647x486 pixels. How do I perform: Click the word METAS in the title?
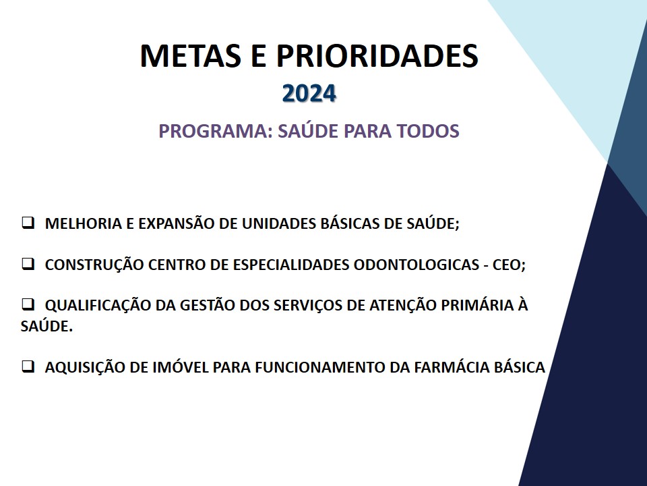coord(191,55)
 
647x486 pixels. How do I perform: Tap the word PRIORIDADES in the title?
coord(377,55)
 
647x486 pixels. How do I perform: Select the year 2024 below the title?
coord(309,93)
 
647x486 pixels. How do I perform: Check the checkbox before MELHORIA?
coord(28,223)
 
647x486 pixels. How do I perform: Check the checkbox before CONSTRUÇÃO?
coord(28,264)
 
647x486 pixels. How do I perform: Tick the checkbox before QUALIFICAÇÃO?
coord(28,304)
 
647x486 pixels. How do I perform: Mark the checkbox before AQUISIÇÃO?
coord(28,367)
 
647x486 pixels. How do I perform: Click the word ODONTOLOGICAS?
coord(416,265)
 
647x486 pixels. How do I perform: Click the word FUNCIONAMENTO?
coord(320,367)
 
